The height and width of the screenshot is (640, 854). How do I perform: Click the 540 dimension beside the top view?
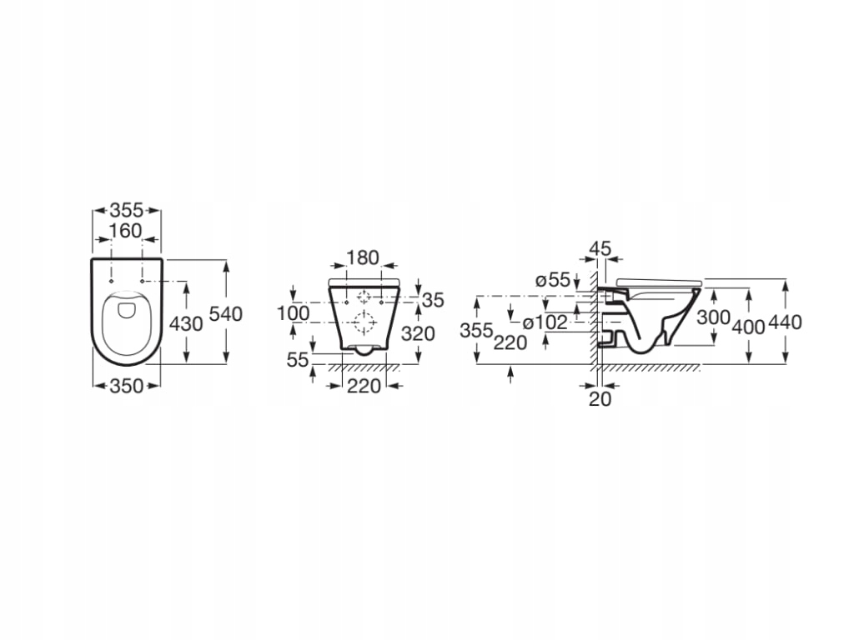pos(226,314)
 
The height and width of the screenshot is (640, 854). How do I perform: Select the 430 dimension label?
pos(186,323)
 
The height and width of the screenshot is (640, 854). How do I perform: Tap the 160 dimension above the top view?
pos(126,231)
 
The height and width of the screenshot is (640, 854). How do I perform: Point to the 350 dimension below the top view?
pos(126,385)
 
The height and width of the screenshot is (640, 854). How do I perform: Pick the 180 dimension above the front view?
pos(363,257)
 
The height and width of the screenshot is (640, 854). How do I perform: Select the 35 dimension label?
pos(432,300)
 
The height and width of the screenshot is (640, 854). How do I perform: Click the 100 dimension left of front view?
pos(293,313)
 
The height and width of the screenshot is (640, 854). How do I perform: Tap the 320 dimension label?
pos(418,333)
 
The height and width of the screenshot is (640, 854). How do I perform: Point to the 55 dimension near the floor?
pos(298,359)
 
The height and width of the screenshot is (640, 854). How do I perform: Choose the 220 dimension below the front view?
pos(364,385)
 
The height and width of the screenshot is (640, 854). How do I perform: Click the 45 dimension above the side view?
pos(600,247)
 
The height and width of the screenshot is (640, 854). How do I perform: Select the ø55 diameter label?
pos(552,281)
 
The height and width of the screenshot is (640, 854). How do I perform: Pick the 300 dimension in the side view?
pos(714,317)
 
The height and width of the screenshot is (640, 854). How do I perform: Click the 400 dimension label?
pos(748,326)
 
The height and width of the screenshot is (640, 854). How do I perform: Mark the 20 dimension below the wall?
pos(600,399)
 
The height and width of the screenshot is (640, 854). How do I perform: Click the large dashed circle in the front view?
pos(364,322)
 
